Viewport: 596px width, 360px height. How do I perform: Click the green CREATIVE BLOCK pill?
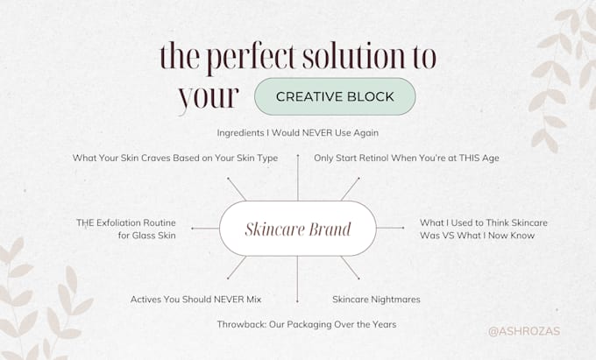point(335,96)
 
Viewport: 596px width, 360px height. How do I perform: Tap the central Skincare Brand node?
point(298,229)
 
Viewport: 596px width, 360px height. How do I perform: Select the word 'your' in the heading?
point(209,97)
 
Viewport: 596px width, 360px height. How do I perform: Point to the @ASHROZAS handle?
point(524,331)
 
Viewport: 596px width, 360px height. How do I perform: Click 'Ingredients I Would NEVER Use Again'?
point(298,133)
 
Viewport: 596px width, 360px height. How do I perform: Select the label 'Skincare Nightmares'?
point(376,300)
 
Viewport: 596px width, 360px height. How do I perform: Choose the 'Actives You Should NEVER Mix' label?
point(195,300)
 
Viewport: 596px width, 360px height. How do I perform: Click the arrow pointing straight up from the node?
point(298,177)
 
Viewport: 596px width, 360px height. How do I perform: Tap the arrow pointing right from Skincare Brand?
point(390,228)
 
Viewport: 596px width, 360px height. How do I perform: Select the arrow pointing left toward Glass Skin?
point(205,229)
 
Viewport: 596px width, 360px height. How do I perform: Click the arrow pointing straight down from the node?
point(297,279)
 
